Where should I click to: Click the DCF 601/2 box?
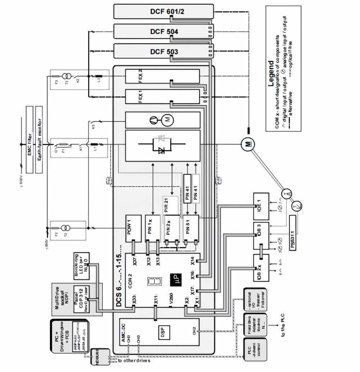point(164,11)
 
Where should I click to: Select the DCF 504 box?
point(164,32)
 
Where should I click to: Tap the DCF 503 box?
point(164,51)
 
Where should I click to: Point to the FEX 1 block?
point(162,97)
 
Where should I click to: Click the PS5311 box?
point(292,233)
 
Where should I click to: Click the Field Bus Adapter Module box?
point(255,324)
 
